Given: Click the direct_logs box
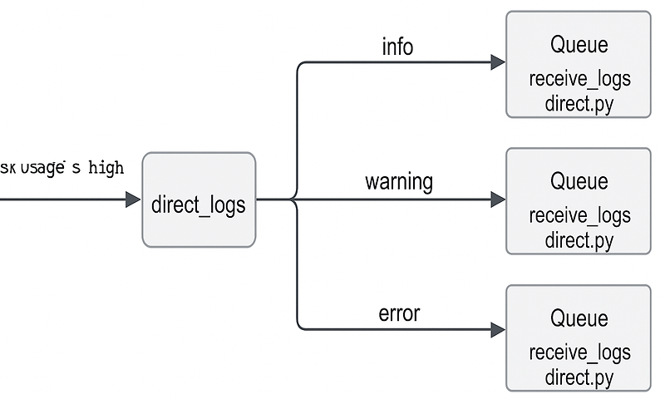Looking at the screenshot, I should [x=199, y=200].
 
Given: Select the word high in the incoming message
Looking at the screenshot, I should [x=106, y=168].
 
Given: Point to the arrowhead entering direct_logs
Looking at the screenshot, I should [x=133, y=199].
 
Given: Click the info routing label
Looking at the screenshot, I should [x=397, y=47].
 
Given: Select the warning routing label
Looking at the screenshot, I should [x=399, y=181].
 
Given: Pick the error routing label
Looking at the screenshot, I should [x=399, y=313].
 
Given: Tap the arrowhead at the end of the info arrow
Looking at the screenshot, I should [x=498, y=62].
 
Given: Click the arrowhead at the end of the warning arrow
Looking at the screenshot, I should [x=498, y=199].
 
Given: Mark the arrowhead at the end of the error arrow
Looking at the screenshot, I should [x=498, y=330].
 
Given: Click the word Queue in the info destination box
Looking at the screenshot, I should [x=579, y=45].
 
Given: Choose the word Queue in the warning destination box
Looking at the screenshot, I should [x=579, y=181].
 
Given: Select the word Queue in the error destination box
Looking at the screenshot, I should [x=579, y=318].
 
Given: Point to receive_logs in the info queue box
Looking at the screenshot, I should [x=579, y=80].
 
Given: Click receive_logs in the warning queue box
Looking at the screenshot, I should [x=579, y=216].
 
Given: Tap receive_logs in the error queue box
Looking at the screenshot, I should [x=579, y=352].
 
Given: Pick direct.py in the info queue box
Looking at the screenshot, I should [x=579, y=105].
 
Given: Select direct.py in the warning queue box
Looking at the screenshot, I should [x=579, y=241].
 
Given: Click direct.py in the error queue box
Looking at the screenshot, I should [x=579, y=377].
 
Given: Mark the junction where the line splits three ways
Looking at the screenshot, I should [x=297, y=199].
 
